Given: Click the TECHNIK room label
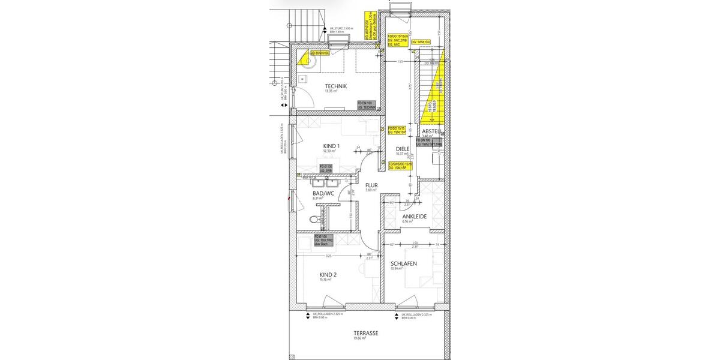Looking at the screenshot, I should coord(336,86).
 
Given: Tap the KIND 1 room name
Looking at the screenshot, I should coord(331,146).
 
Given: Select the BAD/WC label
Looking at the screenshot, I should coord(323,193).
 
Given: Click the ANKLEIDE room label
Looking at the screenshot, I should coord(415,216).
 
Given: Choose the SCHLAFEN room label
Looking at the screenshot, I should coord(404,263).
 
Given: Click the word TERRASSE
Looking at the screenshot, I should coord(365,332).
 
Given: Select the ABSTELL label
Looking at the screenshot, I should coord(432,131).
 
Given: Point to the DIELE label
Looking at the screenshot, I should coord(403,149).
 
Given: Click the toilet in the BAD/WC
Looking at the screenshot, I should coord(313,221).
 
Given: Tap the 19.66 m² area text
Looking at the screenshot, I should coord(360,338).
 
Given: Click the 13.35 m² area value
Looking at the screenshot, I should coord(331,91).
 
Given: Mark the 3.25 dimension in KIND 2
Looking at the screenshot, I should coord(328,256).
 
